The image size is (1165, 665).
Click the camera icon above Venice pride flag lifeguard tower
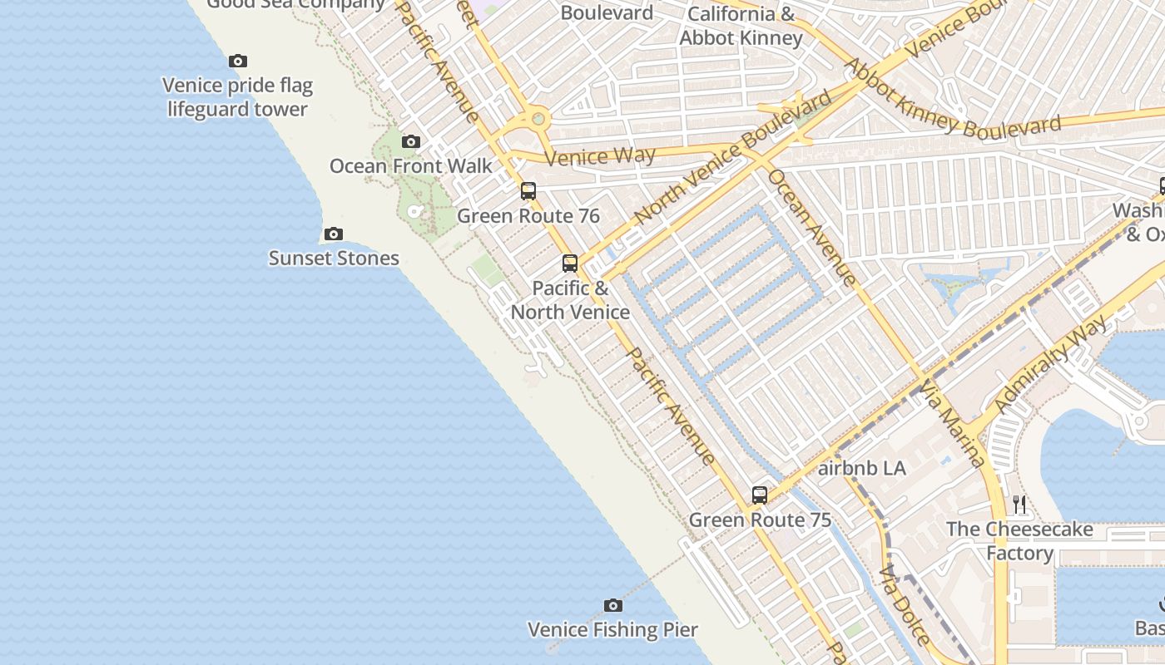[x=238, y=61]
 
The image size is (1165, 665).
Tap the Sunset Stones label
[x=334, y=259]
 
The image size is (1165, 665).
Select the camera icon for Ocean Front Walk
[x=411, y=142]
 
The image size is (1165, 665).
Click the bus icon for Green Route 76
[x=528, y=191]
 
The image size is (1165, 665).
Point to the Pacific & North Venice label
[x=570, y=300]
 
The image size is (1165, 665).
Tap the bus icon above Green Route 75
[x=760, y=495]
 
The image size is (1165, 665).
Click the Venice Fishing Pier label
[x=612, y=630]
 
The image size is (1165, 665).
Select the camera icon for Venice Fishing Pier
[x=613, y=605]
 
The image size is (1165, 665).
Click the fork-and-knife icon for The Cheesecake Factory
[x=1019, y=504]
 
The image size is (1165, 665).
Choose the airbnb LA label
[x=861, y=468]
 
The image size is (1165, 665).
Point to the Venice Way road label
[x=599, y=156]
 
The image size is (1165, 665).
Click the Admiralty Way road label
[x=1052, y=364]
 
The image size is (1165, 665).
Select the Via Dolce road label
[x=905, y=605]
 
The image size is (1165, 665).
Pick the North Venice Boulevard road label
[x=732, y=158]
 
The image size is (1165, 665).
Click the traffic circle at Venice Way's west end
[x=538, y=119]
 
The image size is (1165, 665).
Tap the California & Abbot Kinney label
[x=741, y=26]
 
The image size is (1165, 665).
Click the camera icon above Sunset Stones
[x=334, y=234]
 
